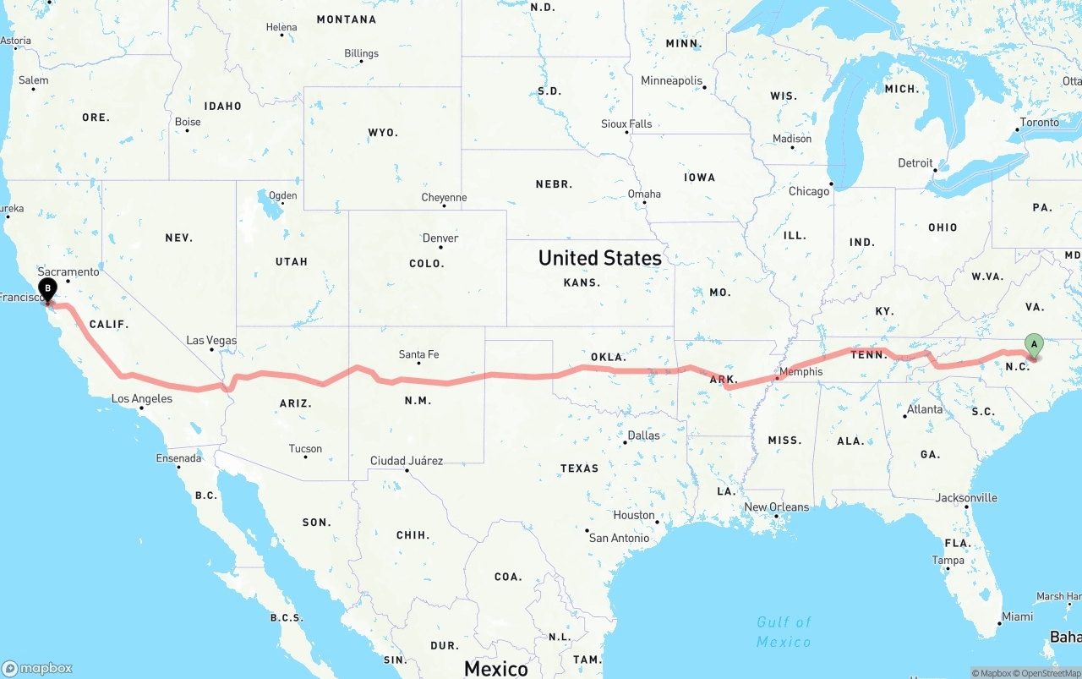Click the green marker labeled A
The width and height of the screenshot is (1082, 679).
tap(1033, 344)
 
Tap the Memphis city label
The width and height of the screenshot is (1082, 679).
tap(801, 371)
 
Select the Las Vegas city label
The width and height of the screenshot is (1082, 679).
tap(211, 340)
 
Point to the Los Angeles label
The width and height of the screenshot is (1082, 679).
tap(142, 398)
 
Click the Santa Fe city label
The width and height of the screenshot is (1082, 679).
tap(419, 354)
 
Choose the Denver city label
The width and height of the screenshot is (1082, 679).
tap(440, 238)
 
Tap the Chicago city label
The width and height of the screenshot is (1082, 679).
tap(809, 191)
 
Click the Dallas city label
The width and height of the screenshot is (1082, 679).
tap(643, 435)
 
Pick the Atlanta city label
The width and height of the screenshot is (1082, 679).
tap(925, 409)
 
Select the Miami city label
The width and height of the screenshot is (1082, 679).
tap(1017, 616)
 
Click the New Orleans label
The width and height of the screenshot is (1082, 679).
tap(776, 507)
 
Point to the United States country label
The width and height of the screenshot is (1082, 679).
tap(600, 258)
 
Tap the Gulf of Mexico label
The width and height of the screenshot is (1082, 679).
tap(784, 632)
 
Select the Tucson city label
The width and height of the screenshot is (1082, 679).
tap(305, 449)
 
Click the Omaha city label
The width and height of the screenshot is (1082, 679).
tap(644, 194)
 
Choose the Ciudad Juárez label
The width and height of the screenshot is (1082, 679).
tap(407, 461)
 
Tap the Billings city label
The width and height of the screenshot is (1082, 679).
tap(361, 53)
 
